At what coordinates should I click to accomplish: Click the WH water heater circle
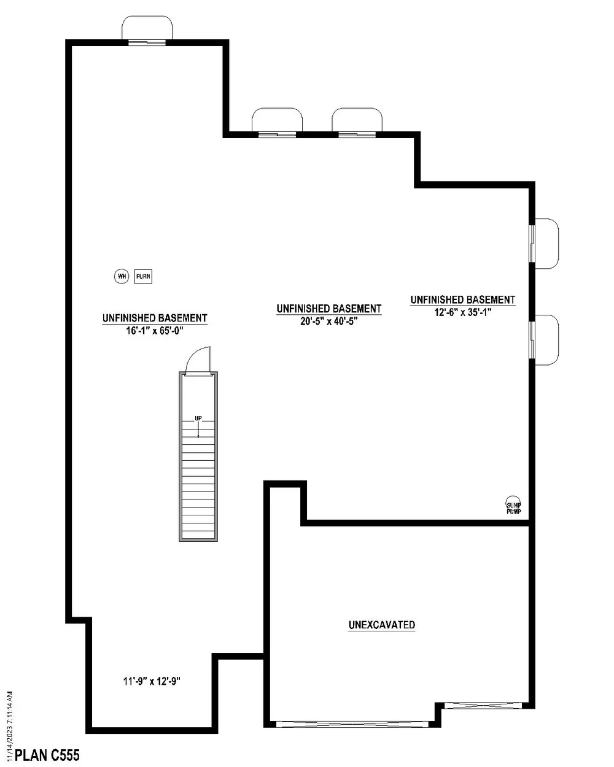[122, 277]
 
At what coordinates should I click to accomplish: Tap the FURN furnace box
[143, 277]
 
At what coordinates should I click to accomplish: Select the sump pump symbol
[513, 504]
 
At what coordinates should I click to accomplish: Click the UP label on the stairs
[198, 418]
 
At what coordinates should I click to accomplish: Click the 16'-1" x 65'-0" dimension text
[155, 330]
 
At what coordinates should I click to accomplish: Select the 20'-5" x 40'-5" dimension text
[328, 320]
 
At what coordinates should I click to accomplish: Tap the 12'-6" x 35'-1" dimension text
[462, 311]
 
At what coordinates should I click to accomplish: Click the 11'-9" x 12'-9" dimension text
[152, 681]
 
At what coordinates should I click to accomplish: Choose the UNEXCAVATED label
[382, 625]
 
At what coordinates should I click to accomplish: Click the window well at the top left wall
[147, 29]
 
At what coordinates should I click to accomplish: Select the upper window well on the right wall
[546, 244]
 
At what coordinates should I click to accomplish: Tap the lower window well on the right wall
[546, 340]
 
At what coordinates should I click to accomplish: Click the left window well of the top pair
[277, 120]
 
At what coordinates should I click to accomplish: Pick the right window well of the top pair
[357, 120]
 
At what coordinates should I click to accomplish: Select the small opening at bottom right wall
[483, 705]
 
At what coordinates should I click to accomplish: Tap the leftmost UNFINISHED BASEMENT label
[155, 318]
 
